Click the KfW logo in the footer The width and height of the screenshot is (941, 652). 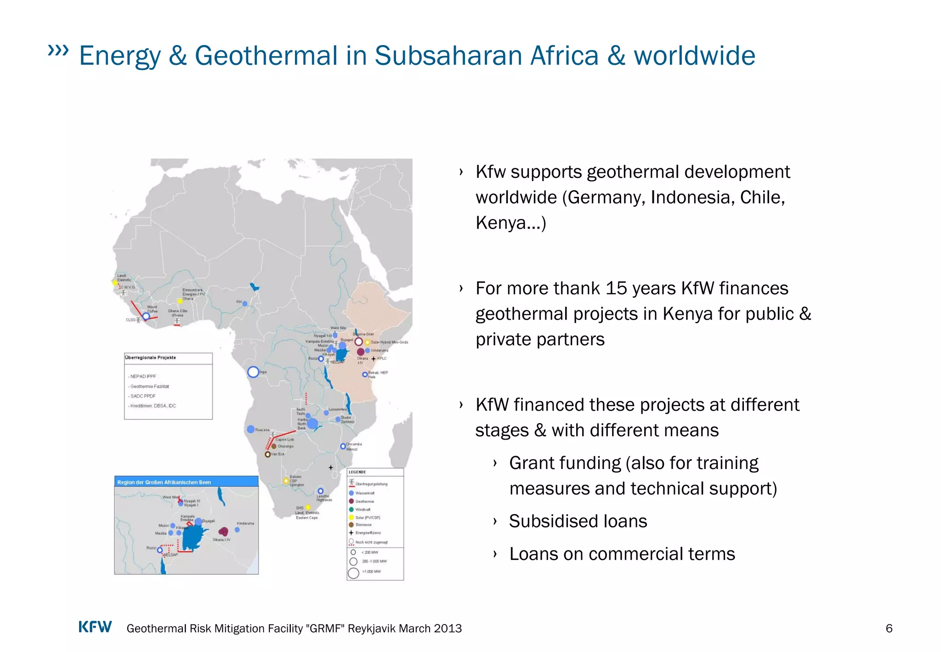[95, 627]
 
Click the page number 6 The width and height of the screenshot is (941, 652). [889, 629]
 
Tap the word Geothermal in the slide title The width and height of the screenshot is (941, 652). [266, 56]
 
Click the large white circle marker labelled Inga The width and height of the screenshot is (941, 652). [253, 372]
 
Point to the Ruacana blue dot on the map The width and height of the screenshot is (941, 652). [250, 429]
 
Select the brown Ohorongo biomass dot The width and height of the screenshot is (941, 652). [274, 446]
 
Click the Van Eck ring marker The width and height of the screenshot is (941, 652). [267, 454]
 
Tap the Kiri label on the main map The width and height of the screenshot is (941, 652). [239, 302]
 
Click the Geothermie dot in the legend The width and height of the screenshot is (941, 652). [351, 501]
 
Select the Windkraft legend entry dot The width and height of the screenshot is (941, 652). [351, 509]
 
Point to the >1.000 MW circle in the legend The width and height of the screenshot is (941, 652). [353, 573]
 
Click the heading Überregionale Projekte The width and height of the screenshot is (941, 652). [150, 358]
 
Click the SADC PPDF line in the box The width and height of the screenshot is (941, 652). [143, 396]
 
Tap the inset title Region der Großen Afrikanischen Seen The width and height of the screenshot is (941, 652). [164, 482]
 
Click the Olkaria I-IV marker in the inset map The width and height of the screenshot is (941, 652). [223, 532]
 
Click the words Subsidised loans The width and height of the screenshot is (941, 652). [578, 521]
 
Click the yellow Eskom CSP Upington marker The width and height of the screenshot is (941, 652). [286, 481]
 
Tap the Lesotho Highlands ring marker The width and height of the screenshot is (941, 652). [321, 491]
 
